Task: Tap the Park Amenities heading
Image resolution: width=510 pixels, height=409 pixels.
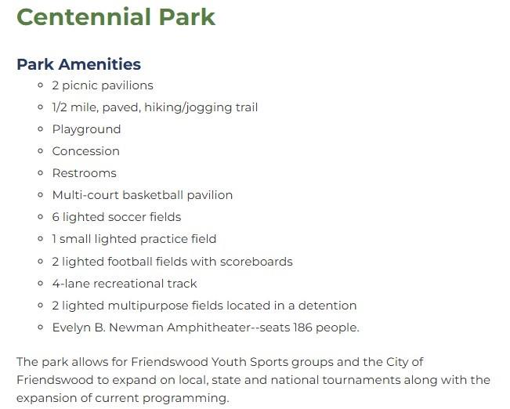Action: pos(78,64)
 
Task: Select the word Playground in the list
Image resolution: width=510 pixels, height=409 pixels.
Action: pos(86,129)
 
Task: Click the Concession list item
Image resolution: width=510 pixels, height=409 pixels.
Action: pos(86,151)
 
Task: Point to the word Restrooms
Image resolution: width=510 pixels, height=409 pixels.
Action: pos(85,173)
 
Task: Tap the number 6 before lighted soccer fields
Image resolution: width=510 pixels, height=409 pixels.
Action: pos(56,217)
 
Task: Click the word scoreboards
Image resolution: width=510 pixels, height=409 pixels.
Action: pos(256,262)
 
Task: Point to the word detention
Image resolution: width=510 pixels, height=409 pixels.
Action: pos(327,306)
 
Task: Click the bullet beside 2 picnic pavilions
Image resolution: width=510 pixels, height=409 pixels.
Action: pos(40,85)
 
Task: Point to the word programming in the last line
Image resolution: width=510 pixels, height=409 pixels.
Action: pos(186,398)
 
